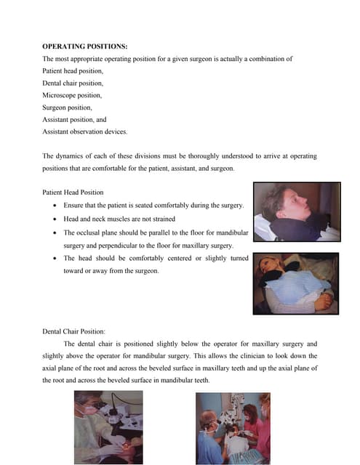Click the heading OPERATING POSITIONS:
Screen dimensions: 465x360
click(85, 46)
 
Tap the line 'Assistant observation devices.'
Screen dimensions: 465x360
click(85, 132)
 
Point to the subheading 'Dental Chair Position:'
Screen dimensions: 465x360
click(79, 331)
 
